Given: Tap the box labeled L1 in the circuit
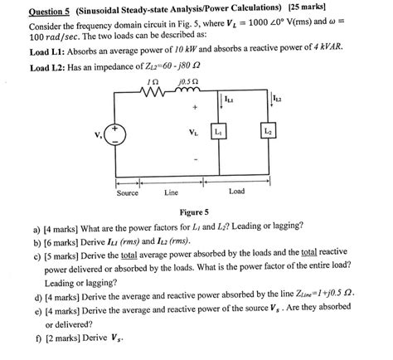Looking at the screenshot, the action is pos(219,133).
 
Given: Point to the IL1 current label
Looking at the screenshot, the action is pos(229,100).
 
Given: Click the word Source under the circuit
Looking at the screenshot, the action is pos(128,193).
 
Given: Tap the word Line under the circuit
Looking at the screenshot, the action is pos(172,193).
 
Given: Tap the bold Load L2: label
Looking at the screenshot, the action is pos(49,68).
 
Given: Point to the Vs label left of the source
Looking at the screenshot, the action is pos(99,135).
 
